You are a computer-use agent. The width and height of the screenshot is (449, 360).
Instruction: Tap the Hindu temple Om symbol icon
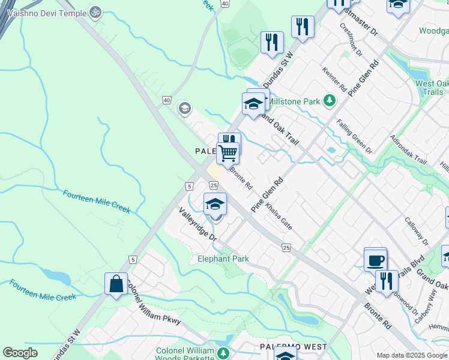(x=94, y=11)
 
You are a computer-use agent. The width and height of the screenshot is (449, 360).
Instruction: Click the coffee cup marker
(x=376, y=260)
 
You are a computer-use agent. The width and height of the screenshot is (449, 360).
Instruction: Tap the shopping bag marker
(x=116, y=284)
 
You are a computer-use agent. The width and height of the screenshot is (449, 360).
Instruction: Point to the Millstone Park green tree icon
(x=329, y=101)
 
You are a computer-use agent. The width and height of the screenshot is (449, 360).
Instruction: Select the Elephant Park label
(x=223, y=259)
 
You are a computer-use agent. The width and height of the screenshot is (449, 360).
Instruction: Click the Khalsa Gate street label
(x=279, y=219)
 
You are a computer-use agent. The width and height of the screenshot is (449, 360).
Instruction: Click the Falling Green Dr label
(x=354, y=136)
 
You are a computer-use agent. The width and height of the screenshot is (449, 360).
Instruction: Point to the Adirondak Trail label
(x=408, y=151)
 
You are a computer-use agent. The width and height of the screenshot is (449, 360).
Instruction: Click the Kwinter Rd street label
(x=334, y=79)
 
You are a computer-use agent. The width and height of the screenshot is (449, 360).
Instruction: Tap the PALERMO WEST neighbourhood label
(x=293, y=347)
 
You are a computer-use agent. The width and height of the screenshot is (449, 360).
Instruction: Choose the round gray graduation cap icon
(x=185, y=109)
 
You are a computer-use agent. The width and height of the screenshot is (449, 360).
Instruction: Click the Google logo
(x=20, y=353)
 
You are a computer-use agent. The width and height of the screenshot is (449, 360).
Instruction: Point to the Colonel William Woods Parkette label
(x=185, y=354)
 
